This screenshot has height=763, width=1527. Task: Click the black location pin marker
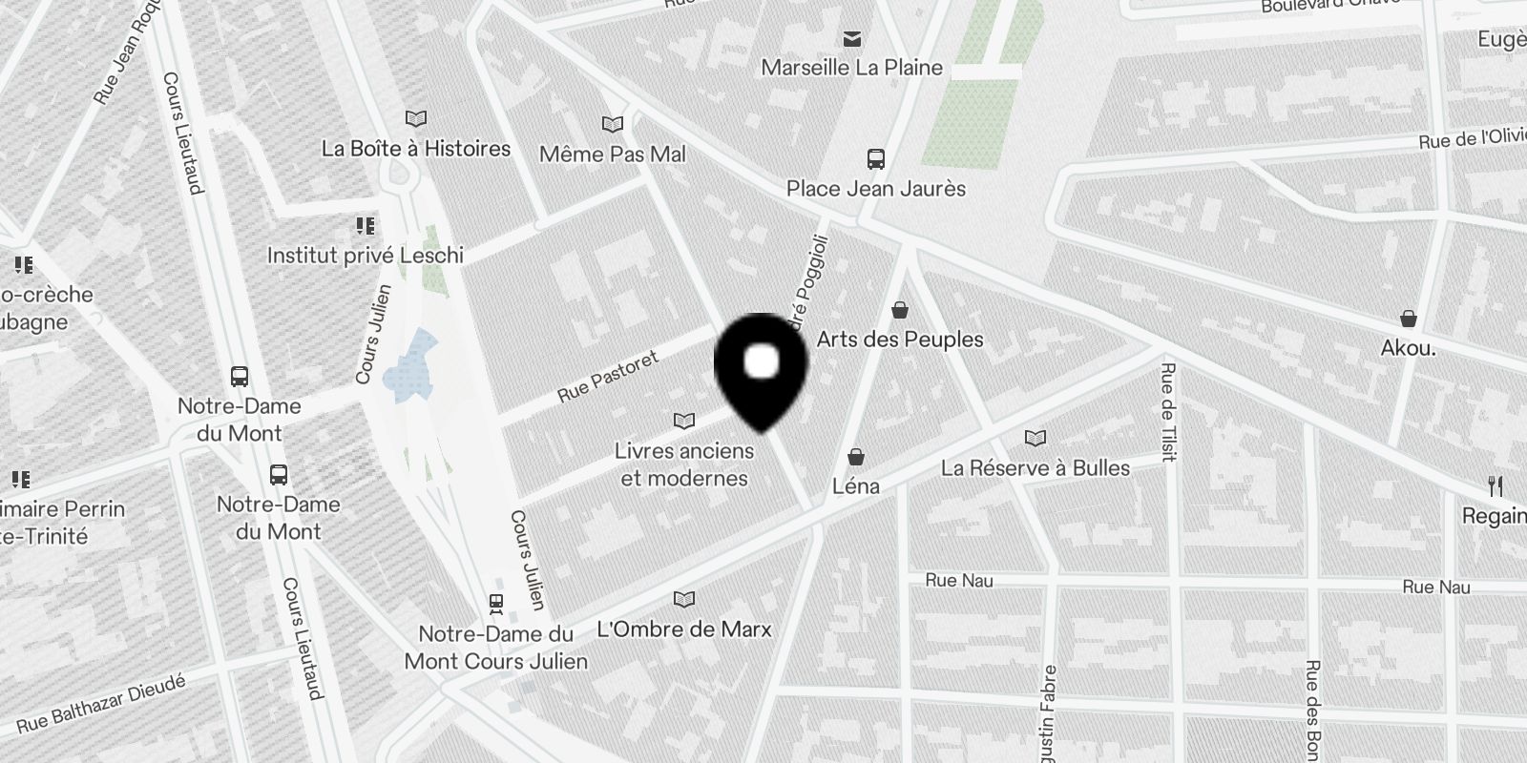[761, 367]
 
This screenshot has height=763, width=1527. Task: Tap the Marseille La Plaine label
[851, 68]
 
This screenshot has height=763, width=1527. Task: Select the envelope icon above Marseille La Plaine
[852, 39]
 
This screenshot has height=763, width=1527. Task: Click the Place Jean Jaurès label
[875, 189]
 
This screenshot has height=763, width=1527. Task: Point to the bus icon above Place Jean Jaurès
[875, 158]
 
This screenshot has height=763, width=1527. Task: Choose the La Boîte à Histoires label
[416, 149]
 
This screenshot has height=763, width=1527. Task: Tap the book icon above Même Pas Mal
[612, 125]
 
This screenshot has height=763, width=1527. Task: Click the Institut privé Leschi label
[366, 256]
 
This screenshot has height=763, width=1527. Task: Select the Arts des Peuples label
[900, 340]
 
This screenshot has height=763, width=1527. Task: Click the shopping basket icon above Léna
[856, 457]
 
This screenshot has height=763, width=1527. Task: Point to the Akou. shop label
[1408, 348]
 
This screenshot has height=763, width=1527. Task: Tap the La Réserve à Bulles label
[1035, 468]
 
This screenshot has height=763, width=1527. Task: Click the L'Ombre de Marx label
[683, 629]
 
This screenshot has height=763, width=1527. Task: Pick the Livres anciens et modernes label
[684, 464]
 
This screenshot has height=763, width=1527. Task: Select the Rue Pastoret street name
[608, 377]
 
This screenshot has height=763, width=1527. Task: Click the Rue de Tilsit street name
[1168, 412]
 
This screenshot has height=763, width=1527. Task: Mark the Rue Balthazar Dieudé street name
[101, 704]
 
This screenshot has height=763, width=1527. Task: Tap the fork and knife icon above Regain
[1496, 486]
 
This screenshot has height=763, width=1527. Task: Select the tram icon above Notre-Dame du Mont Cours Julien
[496, 603]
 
